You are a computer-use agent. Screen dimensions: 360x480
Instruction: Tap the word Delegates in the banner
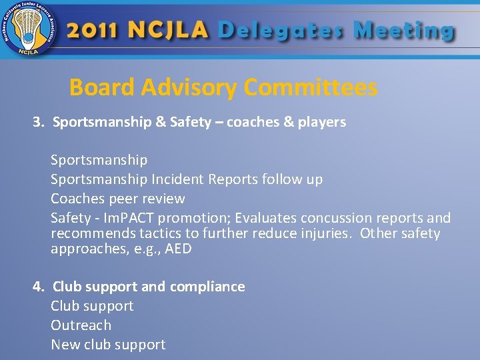click(x=281, y=31)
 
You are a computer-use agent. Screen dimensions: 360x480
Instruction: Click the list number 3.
click(x=37, y=122)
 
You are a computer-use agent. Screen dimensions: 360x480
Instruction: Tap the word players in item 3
click(x=322, y=122)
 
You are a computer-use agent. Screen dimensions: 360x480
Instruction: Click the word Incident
click(x=177, y=179)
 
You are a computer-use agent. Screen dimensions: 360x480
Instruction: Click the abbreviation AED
click(x=178, y=249)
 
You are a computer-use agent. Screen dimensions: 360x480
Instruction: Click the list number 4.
click(x=39, y=287)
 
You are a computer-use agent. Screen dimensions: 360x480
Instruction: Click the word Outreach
click(x=81, y=325)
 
